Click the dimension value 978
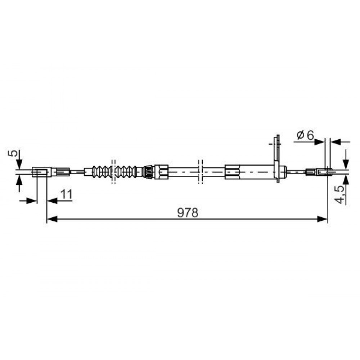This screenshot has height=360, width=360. tap(188, 213)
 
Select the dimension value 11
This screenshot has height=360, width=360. tap(67, 194)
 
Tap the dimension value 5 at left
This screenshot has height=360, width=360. tap(13, 153)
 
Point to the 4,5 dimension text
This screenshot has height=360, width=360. tap(340, 194)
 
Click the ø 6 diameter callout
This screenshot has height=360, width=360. tap(305, 135)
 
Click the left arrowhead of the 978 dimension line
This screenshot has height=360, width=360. tap(52, 219)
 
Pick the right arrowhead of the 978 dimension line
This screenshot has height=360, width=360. tap(322, 219)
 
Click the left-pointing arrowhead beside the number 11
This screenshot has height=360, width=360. tap(52, 201)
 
